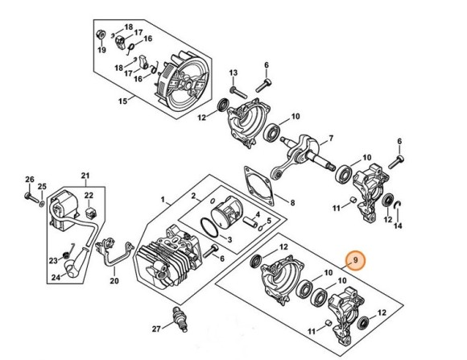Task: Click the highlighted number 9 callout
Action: [356, 260]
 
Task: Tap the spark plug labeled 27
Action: [180, 319]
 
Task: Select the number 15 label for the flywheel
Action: [122, 101]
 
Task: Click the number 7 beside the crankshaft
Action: [330, 139]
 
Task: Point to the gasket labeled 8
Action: [260, 186]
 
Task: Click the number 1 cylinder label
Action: [163, 199]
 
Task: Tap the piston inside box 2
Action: [226, 211]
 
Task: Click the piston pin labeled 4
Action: [250, 222]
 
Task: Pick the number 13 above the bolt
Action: [233, 72]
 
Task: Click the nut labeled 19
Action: [101, 35]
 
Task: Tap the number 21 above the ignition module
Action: [85, 176]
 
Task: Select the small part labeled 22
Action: [89, 213]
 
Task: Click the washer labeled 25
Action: [42, 204]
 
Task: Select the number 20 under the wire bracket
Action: [114, 280]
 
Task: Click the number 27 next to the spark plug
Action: [157, 329]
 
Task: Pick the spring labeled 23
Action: [66, 254]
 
